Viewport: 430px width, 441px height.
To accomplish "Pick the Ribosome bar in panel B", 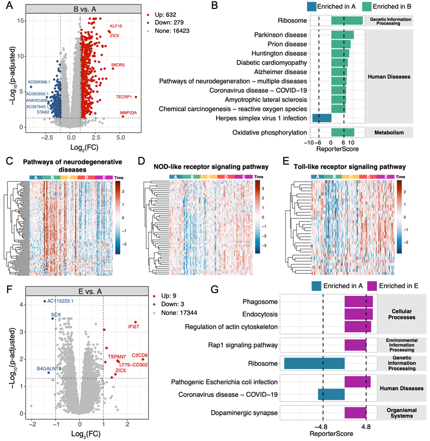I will (347, 20).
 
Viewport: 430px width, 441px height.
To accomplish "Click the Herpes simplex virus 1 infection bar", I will (322, 118).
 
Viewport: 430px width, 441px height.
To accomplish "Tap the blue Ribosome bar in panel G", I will (314, 363).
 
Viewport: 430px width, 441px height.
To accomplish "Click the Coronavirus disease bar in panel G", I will (331, 395).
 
